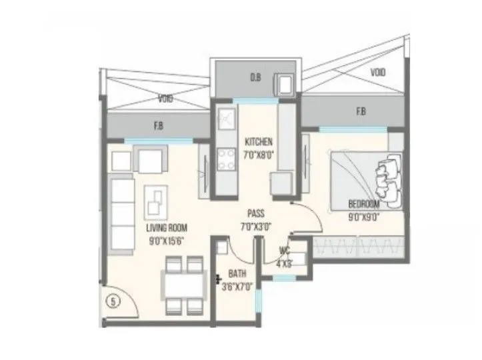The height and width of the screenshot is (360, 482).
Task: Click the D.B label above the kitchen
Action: click(x=255, y=78)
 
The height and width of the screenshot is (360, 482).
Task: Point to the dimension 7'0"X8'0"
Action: click(x=260, y=153)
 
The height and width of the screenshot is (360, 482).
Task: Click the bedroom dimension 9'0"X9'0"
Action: click(x=363, y=215)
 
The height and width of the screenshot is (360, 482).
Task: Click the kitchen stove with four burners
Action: click(x=223, y=161)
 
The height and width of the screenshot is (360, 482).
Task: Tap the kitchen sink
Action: click(x=224, y=120)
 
